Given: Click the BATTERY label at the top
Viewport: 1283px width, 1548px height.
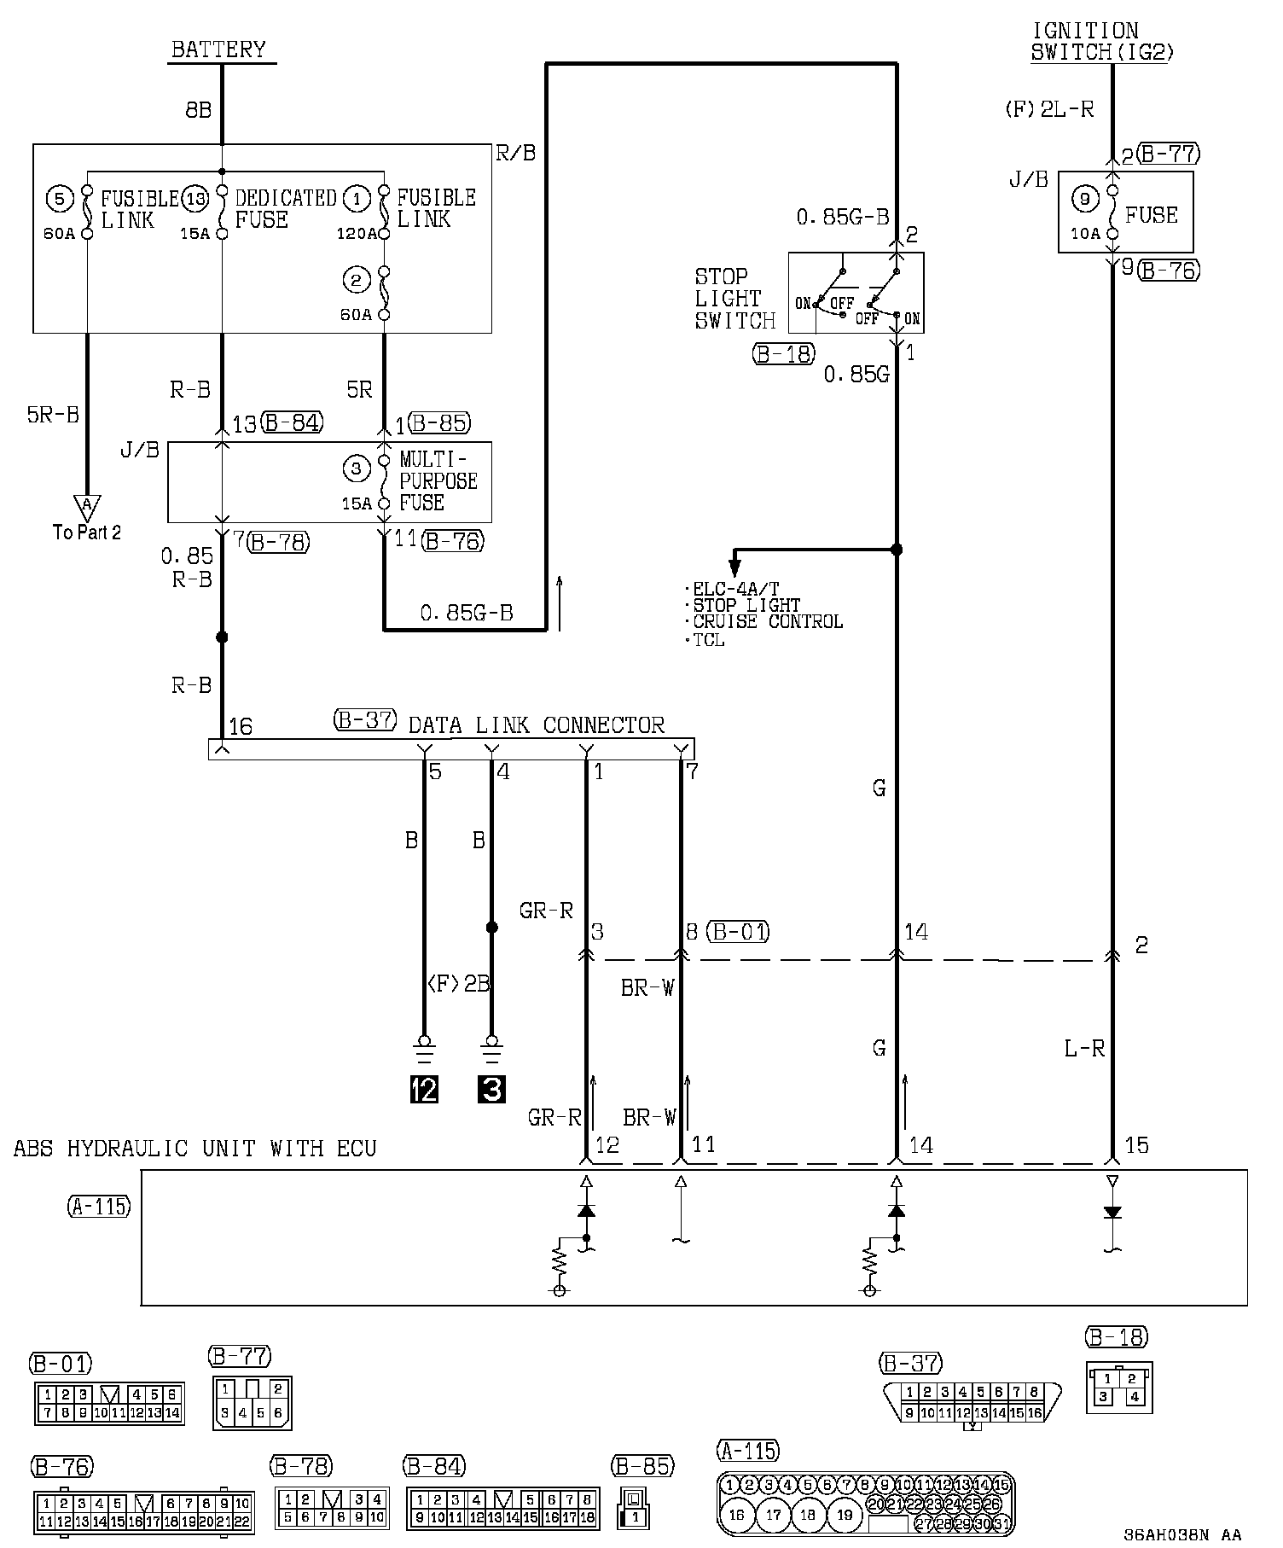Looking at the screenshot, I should (218, 49).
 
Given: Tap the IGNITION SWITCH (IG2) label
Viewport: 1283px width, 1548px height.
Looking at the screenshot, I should (1102, 41).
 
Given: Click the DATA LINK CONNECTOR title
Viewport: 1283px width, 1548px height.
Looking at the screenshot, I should (536, 725).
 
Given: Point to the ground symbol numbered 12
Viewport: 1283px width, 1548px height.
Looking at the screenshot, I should (424, 1089).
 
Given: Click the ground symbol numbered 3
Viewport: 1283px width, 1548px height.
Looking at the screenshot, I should (491, 1089).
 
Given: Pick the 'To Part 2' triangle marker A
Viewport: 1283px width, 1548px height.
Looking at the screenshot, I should (86, 506).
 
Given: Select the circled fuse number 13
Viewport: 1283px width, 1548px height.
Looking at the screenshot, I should (196, 200).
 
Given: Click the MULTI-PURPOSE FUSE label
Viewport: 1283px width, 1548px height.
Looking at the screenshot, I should (438, 482).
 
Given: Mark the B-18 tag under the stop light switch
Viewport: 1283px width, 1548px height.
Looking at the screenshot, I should (783, 353).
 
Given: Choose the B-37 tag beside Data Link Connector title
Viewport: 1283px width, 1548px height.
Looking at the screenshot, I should (364, 720).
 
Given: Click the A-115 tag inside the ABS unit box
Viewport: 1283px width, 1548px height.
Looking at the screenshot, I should (98, 1206).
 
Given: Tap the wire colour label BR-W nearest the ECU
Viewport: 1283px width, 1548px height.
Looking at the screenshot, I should (649, 1117).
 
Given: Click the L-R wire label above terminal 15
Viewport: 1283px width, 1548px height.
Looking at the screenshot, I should (1084, 1049).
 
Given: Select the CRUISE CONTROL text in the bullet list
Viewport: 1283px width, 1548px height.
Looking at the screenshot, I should (768, 621).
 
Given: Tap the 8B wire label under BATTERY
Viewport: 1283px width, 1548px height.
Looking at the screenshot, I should (198, 110).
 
